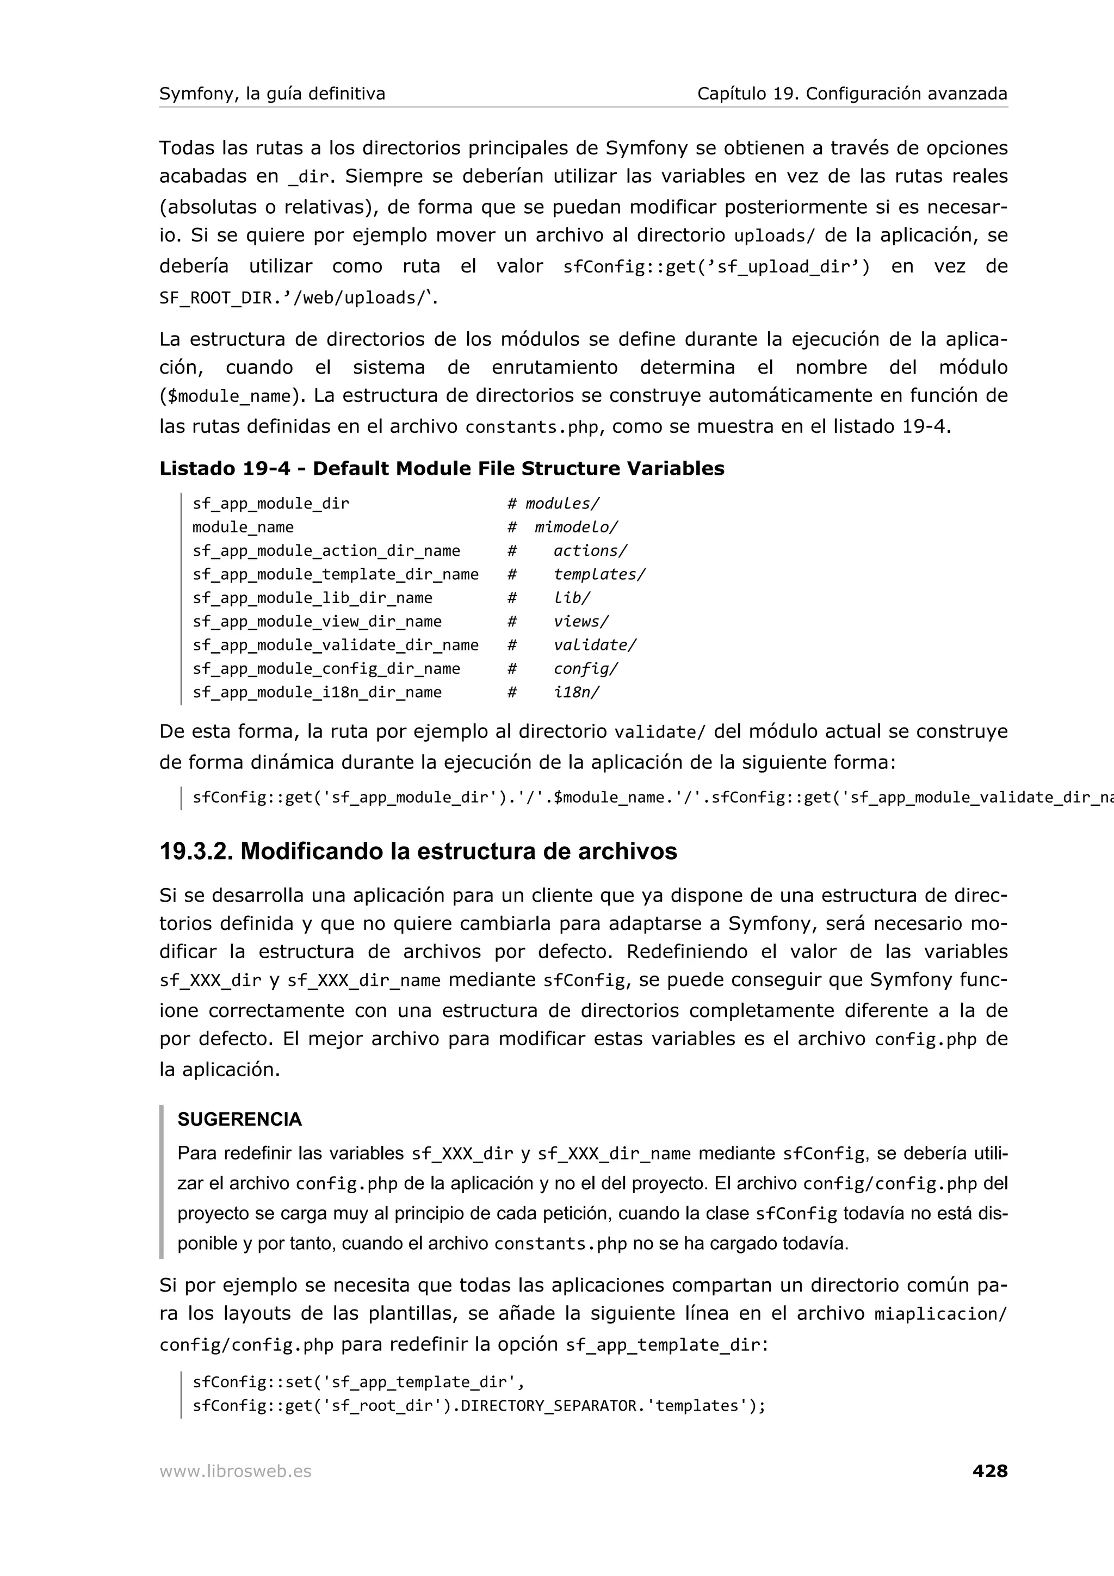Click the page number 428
[990, 1471]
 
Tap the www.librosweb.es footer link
[236, 1472]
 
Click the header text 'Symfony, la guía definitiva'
[273, 94]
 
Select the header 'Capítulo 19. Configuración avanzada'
[852, 94]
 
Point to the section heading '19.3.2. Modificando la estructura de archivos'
[418, 851]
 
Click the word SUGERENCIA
[239, 1120]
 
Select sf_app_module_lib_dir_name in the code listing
[312, 598]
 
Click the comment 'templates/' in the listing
[599, 574]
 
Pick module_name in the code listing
[243, 527]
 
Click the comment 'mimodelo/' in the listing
[576, 527]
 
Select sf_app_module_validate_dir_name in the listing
[335, 645]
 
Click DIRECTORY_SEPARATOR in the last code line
[548, 1406]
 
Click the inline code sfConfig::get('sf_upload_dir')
[716, 267]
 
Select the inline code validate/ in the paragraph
[659, 733]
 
